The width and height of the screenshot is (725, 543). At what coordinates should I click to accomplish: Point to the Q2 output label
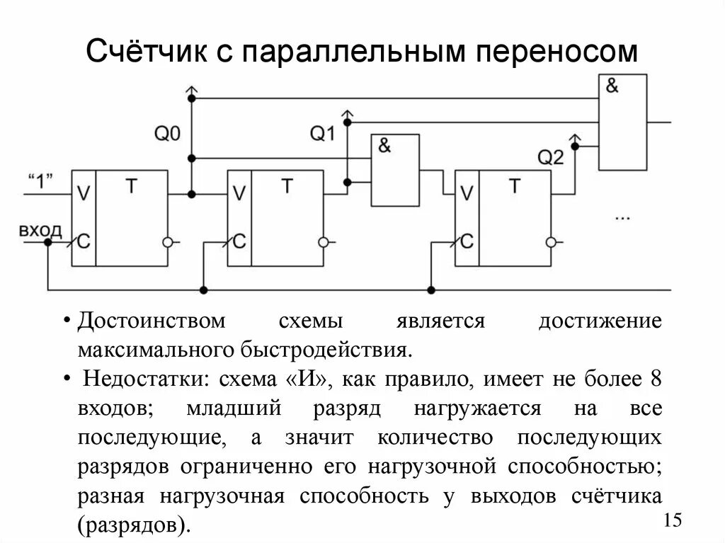coord(550,157)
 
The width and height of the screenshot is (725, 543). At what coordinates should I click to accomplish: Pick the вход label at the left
coord(40,231)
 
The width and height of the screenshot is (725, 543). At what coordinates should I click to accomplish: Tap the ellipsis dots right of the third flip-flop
coord(622,217)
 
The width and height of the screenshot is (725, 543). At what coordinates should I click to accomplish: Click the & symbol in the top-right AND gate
coord(612,86)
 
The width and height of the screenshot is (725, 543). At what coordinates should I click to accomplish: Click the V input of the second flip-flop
coord(239,193)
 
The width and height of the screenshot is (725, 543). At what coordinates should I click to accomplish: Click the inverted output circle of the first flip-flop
coord(167,241)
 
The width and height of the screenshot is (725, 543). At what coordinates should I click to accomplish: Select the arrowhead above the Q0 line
coord(190,88)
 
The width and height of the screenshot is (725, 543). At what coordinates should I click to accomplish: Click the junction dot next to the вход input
coord(47,241)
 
